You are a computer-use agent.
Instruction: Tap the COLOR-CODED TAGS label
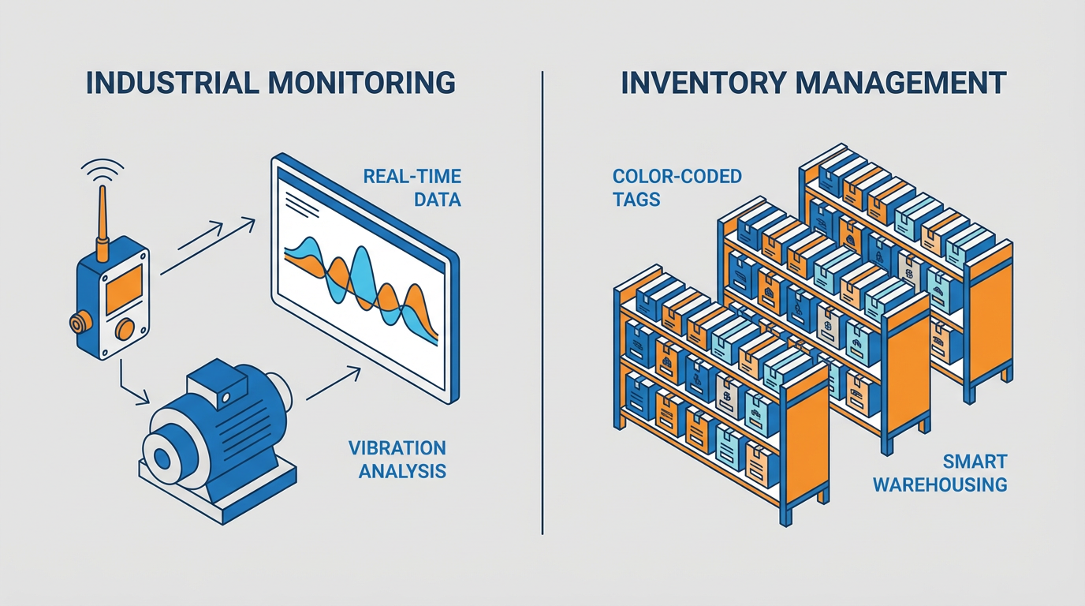click(677, 187)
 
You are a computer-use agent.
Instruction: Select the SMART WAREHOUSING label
click(940, 472)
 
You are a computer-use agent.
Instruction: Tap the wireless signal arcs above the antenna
click(103, 170)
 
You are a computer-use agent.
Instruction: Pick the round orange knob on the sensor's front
click(125, 328)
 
